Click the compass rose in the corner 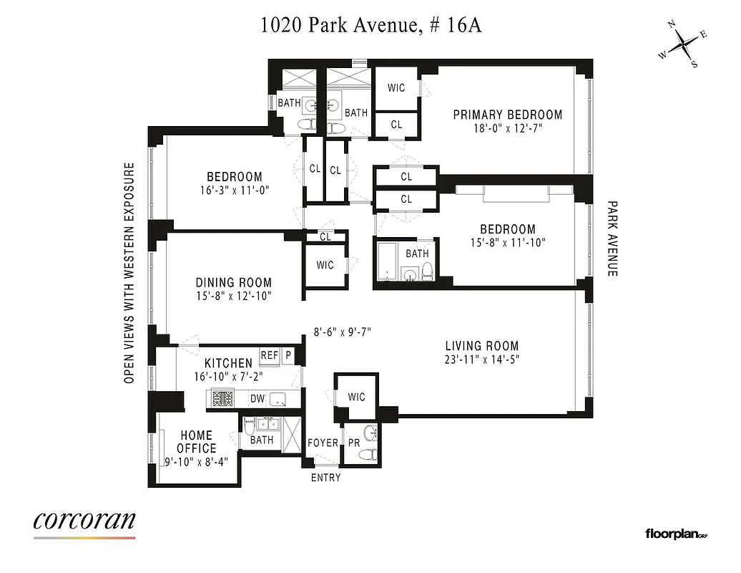pos(684,44)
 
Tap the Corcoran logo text pos(84,520)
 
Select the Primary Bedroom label pos(507,115)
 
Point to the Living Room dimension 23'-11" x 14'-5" pos(482,360)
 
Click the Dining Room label pos(233,283)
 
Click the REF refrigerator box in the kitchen pos(269,355)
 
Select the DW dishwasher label pos(257,399)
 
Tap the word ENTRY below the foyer pos(325,478)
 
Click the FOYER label pos(323,443)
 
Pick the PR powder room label pos(353,443)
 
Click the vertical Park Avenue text pos(612,239)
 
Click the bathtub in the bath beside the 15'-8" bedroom pos(386,261)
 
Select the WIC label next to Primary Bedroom pos(396,88)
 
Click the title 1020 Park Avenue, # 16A pos(370,26)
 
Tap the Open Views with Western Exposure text pos(129,273)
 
